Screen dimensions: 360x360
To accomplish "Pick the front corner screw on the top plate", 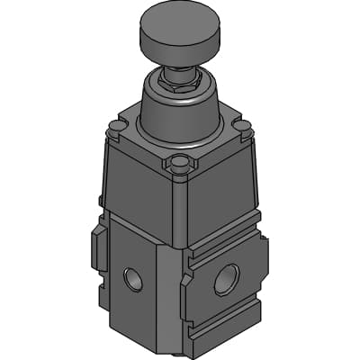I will (181, 164).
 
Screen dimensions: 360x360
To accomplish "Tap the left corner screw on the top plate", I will (114, 129).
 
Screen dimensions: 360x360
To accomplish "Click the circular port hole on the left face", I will (132, 278).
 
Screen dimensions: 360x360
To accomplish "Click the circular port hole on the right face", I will (226, 280).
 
